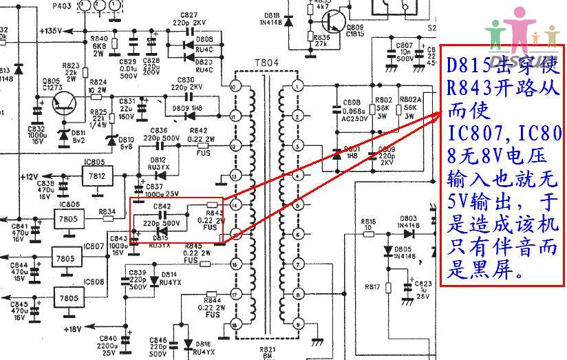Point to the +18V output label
click(x=72, y=329)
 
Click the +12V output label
click(x=30, y=176)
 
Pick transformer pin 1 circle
click(x=297, y=87)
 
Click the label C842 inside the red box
click(x=162, y=206)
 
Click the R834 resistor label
click(x=107, y=211)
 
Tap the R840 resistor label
click(x=99, y=38)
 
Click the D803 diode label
click(x=409, y=218)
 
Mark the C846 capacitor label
click(x=158, y=339)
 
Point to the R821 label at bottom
click(x=267, y=349)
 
